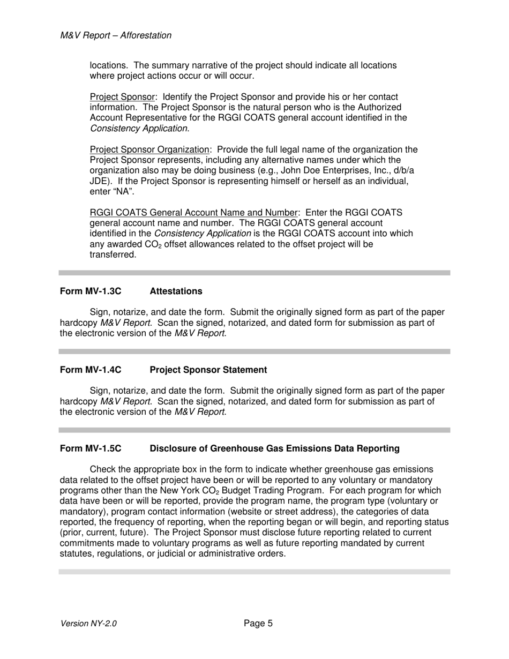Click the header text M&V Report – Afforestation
pyautogui.click(x=116, y=35)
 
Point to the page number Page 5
pyautogui.click(x=258, y=623)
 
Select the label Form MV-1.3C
pyautogui.click(x=91, y=291)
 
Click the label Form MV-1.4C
pyautogui.click(x=91, y=370)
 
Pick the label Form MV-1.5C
pyautogui.click(x=91, y=448)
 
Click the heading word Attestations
pyautogui.click(x=176, y=291)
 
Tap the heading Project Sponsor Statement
pyautogui.click(x=208, y=370)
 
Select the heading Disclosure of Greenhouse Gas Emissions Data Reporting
pyautogui.click(x=274, y=448)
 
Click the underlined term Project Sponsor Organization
pyautogui.click(x=149, y=149)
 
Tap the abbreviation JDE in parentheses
pyautogui.click(x=99, y=181)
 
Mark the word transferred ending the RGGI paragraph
pyautogui.click(x=113, y=254)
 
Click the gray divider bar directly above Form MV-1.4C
pyautogui.click(x=254, y=351)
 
